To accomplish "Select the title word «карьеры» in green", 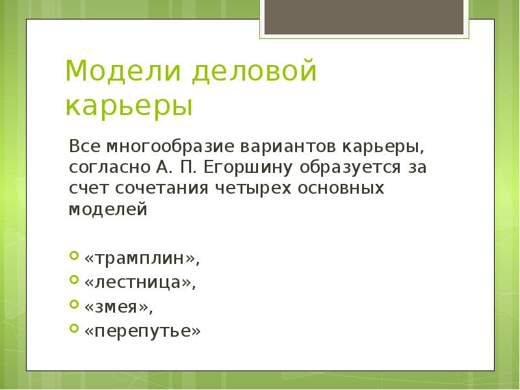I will [x=129, y=106].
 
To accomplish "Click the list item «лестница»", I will [x=139, y=283].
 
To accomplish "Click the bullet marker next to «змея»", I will [x=73, y=304].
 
